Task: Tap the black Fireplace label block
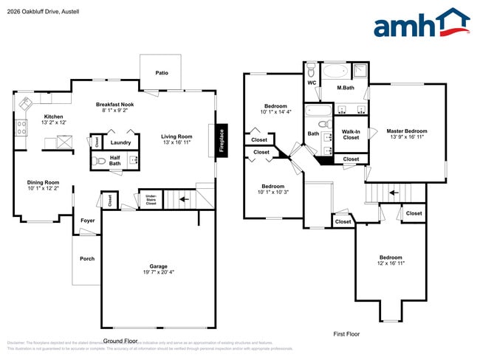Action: (221, 140)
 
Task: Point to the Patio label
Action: (161, 73)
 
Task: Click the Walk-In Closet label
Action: (351, 134)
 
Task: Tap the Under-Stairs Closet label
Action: (150, 198)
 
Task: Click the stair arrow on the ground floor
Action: (185, 198)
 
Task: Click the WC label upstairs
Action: (311, 83)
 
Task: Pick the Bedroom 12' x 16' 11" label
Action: (391, 260)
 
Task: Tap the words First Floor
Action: (346, 334)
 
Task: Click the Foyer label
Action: (87, 220)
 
